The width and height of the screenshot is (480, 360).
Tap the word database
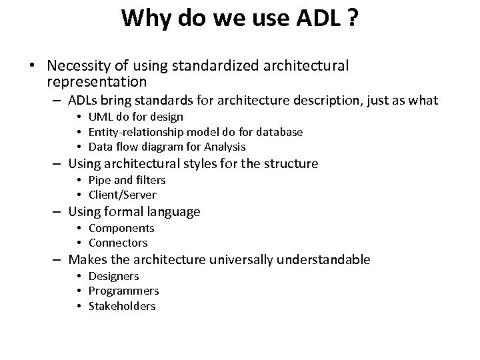275,132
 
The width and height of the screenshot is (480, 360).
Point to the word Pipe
99,180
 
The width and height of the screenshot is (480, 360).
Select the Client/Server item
122,195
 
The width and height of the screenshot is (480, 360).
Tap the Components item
121,228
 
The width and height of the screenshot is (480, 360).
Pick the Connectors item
118,243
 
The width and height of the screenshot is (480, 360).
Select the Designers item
113,276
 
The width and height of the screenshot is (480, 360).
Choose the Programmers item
123,291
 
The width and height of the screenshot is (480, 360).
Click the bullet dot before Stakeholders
79,306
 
